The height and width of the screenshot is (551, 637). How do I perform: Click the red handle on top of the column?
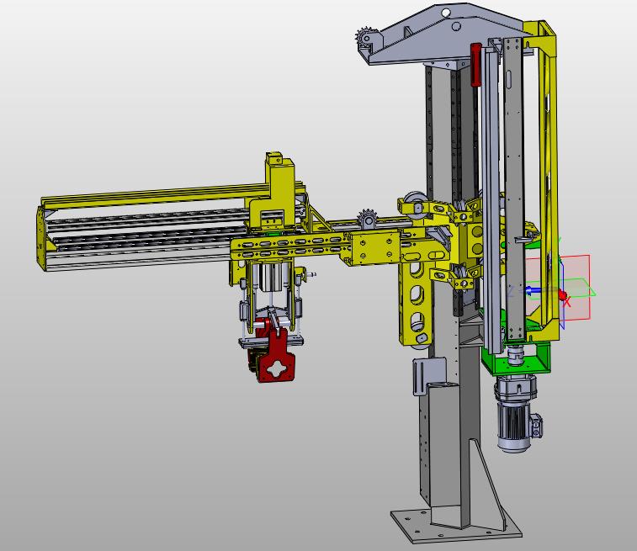point(475,65)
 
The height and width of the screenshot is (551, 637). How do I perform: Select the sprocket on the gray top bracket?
point(365,38)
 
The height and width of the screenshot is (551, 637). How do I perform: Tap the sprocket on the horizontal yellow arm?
point(367,220)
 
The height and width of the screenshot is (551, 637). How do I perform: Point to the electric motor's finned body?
point(513,422)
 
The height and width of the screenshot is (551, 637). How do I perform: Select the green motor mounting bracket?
point(516,358)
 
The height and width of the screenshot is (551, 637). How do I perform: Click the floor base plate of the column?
point(456,526)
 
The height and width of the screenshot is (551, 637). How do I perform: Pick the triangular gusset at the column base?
point(486,483)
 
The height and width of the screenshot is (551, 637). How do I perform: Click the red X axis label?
point(567,302)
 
